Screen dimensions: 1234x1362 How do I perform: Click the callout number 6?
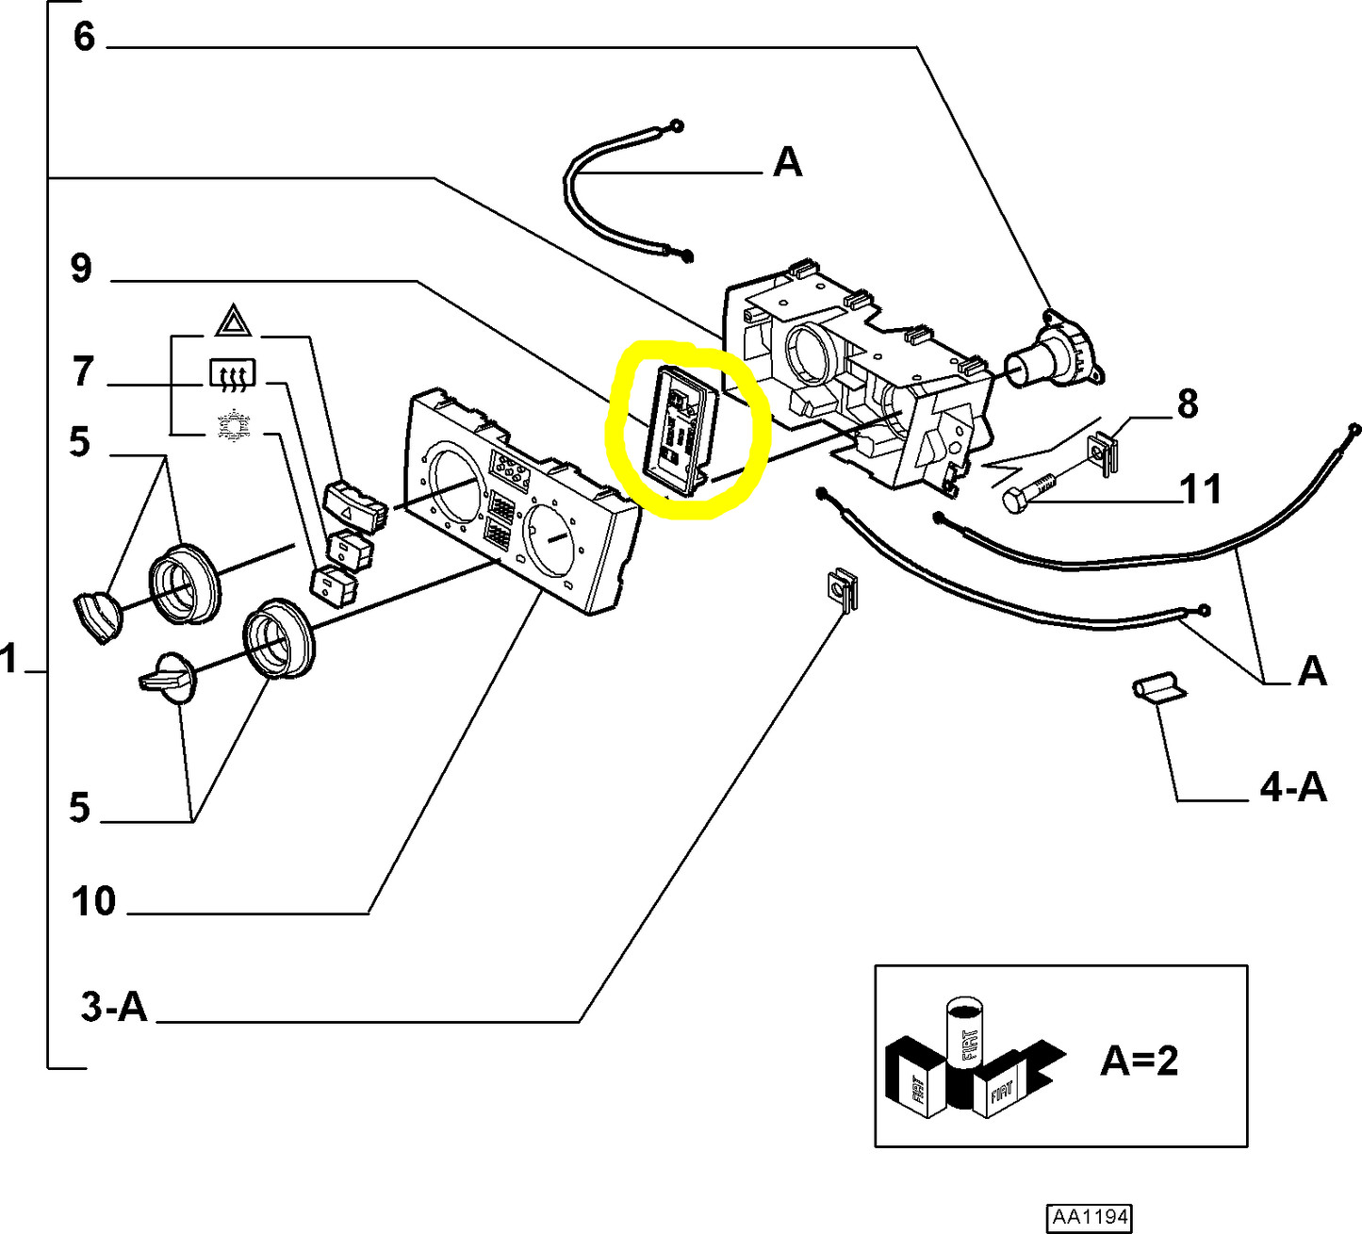84,37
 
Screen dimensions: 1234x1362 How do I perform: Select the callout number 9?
82,269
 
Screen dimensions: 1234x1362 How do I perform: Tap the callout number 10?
93,901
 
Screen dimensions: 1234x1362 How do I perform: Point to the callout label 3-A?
114,1007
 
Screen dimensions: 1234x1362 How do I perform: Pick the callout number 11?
1201,489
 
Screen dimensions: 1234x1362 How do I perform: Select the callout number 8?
1187,403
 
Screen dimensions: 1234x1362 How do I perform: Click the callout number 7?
83,371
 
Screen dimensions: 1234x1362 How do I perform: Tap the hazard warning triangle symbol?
233,321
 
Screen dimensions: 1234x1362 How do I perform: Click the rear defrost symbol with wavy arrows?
232,375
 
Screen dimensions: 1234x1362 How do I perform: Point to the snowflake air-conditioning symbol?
232,426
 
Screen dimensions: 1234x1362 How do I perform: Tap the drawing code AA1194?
1089,1217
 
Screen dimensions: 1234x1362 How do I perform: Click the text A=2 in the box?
1139,1061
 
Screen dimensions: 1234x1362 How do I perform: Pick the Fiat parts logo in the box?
971,1061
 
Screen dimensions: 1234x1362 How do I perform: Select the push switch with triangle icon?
354,502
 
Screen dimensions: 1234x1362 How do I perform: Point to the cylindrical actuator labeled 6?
1052,353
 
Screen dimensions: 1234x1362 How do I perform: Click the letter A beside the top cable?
787,163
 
